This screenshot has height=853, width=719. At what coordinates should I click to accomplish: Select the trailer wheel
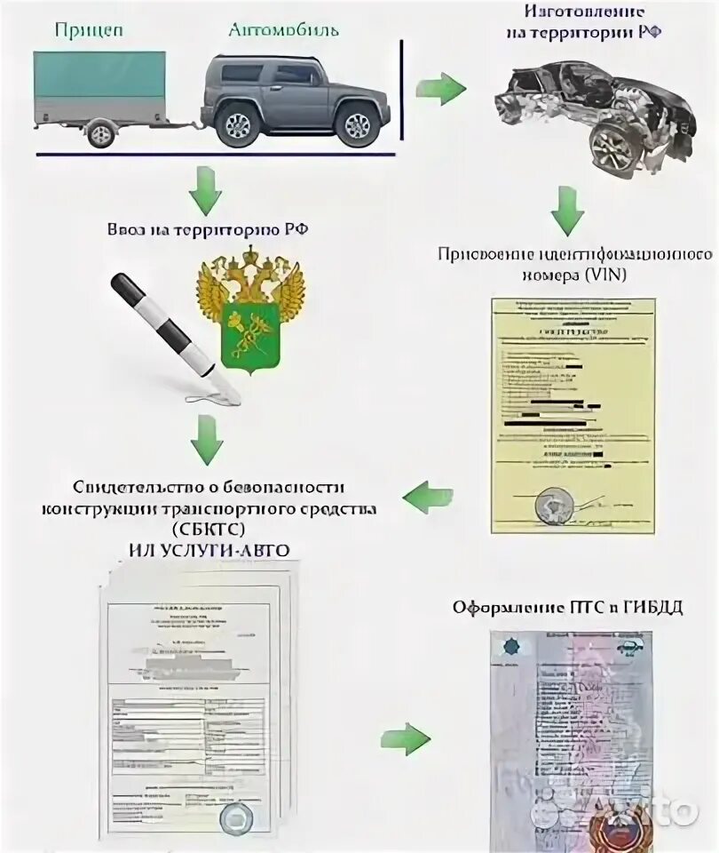pyautogui.click(x=100, y=133)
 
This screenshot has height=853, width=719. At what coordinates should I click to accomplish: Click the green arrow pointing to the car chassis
pyautogui.click(x=442, y=88)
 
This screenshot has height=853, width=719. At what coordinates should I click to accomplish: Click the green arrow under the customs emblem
pyautogui.click(x=206, y=434)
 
